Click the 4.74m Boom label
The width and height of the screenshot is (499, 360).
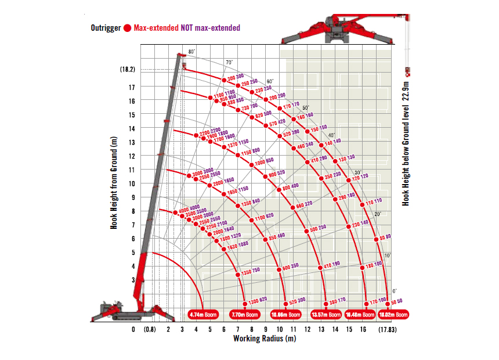[x=204, y=315]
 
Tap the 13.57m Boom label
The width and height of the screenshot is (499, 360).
[x=326, y=315]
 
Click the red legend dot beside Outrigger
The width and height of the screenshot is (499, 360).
[x=127, y=27]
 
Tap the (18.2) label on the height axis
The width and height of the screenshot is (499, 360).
[x=127, y=69]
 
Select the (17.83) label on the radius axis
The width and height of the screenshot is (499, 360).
[x=388, y=329]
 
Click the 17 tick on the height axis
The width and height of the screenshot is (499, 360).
[x=132, y=87]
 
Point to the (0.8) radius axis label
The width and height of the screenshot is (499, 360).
[x=150, y=329]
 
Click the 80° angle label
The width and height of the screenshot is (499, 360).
[x=192, y=52]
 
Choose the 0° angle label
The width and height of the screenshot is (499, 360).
[x=395, y=290]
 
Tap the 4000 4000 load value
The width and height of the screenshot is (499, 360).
[x=189, y=208]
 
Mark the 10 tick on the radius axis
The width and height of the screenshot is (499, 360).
[x=279, y=329]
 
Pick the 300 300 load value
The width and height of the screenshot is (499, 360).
[x=236, y=77]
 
